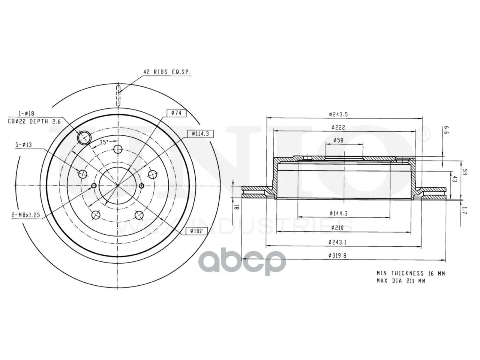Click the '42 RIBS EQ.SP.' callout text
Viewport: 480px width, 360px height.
click(x=167, y=72)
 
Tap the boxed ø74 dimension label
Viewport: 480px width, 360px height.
click(x=177, y=113)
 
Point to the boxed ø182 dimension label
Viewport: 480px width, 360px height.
click(x=196, y=231)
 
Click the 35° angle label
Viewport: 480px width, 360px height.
click(x=104, y=142)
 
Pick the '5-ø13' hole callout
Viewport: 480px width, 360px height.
click(x=24, y=145)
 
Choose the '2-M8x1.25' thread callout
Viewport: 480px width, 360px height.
click(x=26, y=215)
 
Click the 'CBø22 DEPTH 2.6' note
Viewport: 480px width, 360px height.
click(x=34, y=121)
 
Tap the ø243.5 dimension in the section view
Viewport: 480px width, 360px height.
click(x=338, y=114)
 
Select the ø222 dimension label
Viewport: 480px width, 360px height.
click(x=338, y=127)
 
